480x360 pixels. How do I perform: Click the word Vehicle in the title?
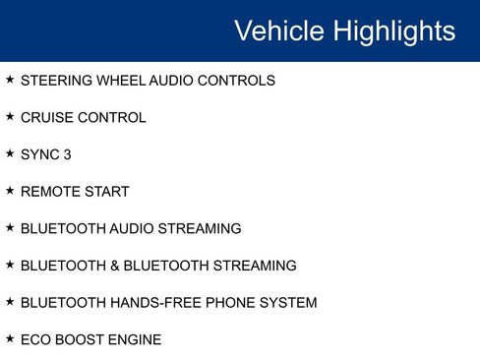(279, 30)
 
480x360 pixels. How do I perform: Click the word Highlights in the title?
(393, 30)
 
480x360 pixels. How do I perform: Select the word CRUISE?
(45, 118)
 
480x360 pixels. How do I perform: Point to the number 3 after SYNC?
(67, 154)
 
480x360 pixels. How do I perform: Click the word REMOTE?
(48, 192)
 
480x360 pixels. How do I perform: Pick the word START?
(105, 192)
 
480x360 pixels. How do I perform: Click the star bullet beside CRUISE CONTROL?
(10, 117)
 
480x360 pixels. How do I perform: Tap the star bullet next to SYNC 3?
(10, 153)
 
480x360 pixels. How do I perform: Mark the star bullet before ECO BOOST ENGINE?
(10, 338)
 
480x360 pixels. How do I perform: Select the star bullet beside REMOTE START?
(10, 191)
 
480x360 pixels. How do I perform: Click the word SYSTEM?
(289, 303)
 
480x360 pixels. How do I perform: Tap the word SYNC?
(39, 154)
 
